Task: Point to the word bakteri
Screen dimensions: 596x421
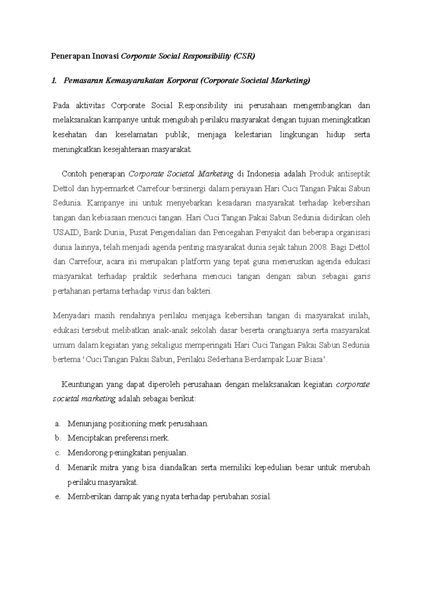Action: click(201, 291)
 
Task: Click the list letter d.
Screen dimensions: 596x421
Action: click(58, 468)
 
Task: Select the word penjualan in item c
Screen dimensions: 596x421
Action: click(171, 453)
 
